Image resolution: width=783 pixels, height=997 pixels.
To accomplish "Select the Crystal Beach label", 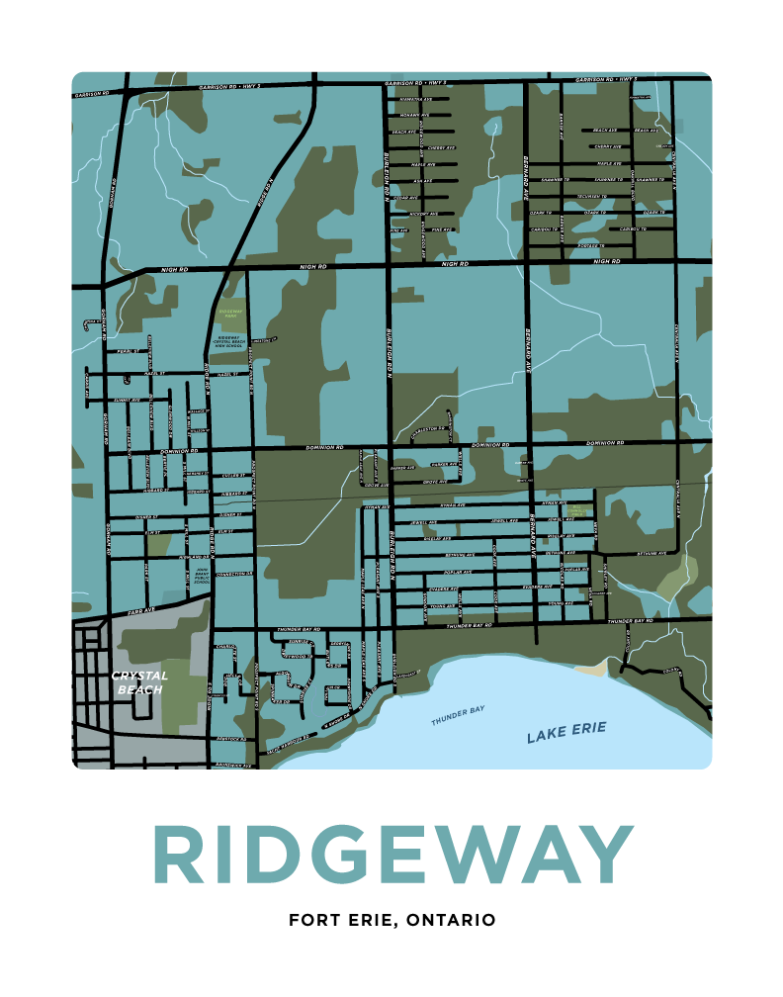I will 139,682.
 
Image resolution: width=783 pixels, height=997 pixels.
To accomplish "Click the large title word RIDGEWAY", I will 391,855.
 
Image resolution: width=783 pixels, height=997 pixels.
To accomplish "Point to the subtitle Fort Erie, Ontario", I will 391,920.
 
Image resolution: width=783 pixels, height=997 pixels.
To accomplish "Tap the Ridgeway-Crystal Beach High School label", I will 230,342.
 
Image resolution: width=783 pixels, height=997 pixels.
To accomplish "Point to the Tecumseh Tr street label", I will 593,195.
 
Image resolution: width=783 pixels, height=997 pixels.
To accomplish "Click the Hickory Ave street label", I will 422,213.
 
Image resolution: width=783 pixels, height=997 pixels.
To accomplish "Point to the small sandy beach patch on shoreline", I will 593,671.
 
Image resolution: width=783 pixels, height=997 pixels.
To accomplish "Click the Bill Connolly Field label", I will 579,511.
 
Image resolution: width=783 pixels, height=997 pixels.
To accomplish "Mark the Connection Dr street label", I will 234,573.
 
